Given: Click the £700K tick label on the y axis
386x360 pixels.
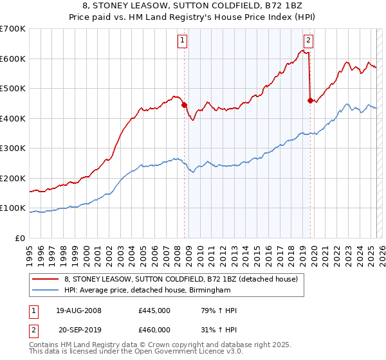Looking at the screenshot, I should click(x=13, y=29).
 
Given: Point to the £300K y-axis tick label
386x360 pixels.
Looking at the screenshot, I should click(x=13, y=148).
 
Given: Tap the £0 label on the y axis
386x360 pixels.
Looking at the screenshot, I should click(x=21, y=239).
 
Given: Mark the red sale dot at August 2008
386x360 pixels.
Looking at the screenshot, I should click(x=184, y=105).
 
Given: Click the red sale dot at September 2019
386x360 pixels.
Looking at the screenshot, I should click(x=310, y=100).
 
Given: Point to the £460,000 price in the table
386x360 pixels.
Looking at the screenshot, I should click(x=154, y=329).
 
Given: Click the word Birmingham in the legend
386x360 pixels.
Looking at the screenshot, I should click(x=209, y=291).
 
